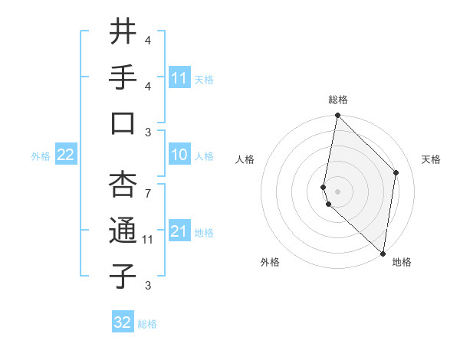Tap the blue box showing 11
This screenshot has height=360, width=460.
click(x=179, y=77)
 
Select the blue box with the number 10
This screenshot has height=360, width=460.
click(x=179, y=155)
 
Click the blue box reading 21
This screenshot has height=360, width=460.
click(x=179, y=231)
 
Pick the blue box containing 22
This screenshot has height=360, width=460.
click(x=65, y=155)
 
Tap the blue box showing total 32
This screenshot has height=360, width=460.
click(x=123, y=322)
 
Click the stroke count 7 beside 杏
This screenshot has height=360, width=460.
click(x=148, y=186)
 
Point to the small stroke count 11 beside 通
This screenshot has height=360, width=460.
click(x=148, y=240)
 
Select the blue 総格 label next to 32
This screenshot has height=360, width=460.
click(x=147, y=324)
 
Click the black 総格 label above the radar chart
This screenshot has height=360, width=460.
click(x=338, y=100)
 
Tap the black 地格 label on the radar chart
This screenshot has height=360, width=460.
click(x=402, y=262)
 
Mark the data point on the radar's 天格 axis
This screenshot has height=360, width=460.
click(x=396, y=172)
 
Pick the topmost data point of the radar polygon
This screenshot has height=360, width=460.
click(x=337, y=116)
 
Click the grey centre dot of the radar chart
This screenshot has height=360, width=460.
click(x=338, y=191)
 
